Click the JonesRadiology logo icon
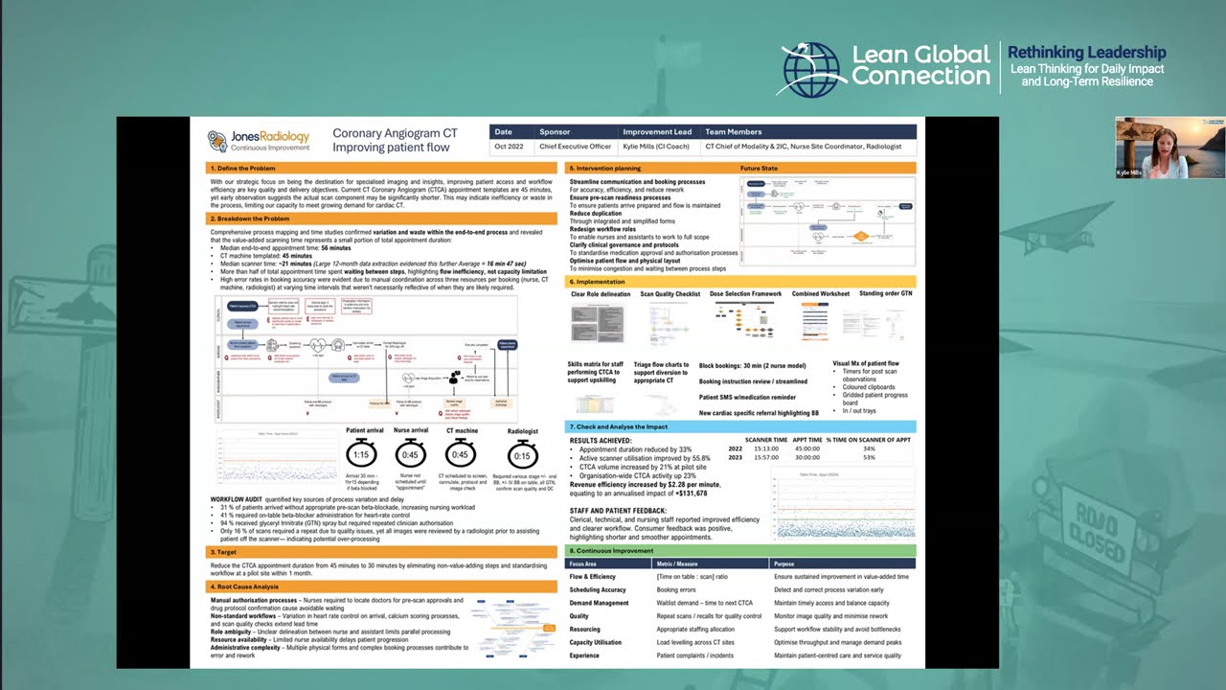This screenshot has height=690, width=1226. click(217, 141)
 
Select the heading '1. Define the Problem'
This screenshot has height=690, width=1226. click(244, 168)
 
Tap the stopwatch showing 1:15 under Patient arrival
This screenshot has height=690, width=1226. click(360, 455)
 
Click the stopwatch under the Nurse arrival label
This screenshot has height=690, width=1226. click(411, 455)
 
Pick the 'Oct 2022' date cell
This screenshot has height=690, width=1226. click(509, 147)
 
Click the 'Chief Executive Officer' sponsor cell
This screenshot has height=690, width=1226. click(575, 147)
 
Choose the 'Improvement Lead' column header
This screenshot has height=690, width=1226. click(657, 132)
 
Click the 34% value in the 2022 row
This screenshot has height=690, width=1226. click(869, 448)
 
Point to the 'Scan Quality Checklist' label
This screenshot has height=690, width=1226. click(670, 294)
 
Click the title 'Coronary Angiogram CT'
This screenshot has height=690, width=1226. click(395, 134)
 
